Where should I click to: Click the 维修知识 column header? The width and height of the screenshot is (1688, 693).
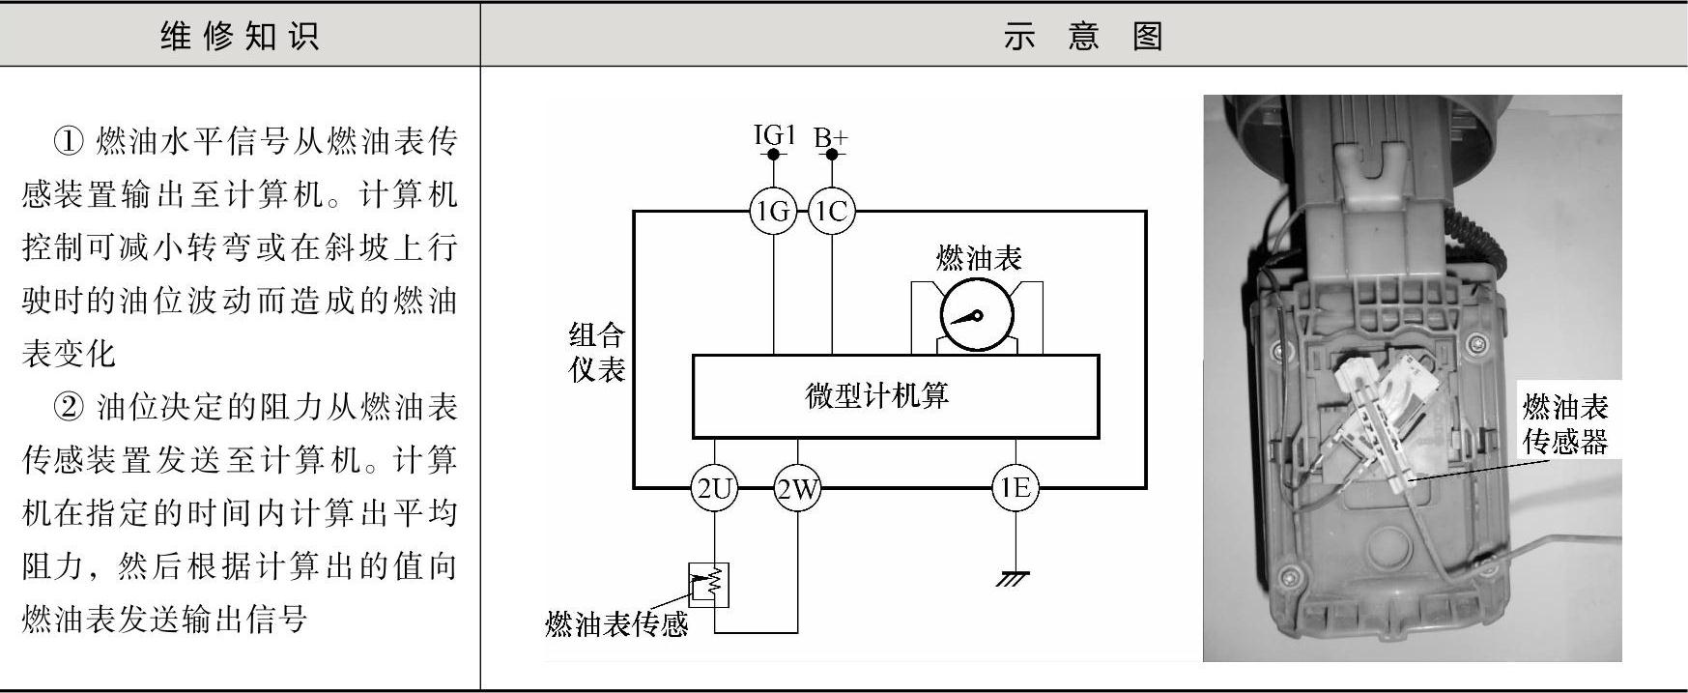click(x=240, y=36)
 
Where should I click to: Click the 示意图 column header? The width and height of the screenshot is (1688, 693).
click(x=1082, y=36)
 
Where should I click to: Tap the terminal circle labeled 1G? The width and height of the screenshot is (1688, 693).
click(x=774, y=211)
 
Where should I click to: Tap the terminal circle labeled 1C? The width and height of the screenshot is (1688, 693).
click(x=831, y=211)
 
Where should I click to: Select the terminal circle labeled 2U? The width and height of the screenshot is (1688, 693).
click(x=714, y=489)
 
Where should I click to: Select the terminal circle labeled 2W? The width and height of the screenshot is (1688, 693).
click(x=798, y=489)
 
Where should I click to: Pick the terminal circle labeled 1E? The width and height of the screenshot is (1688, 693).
click(x=1016, y=488)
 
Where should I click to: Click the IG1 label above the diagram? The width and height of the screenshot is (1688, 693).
click(x=774, y=135)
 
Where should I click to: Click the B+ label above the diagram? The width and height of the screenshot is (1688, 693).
click(x=830, y=137)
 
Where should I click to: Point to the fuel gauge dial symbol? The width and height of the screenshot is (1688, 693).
click(x=976, y=317)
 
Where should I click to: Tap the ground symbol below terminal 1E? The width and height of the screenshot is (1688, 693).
click(x=1015, y=579)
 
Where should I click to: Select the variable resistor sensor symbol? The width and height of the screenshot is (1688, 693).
click(x=708, y=584)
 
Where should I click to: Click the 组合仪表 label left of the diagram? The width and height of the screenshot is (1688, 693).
click(x=597, y=352)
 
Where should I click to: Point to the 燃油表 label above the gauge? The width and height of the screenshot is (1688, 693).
click(x=978, y=258)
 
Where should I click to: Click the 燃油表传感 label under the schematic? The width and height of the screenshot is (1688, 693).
click(x=616, y=624)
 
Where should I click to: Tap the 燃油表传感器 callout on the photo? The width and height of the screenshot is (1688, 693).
click(x=1564, y=423)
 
